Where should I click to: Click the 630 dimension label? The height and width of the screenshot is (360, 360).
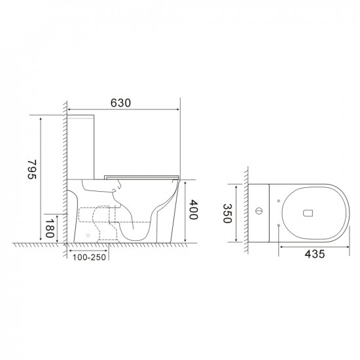tap(122, 102)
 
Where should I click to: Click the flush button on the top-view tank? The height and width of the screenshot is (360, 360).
tap(260, 212)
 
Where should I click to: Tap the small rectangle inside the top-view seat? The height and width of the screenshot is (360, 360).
tap(310, 212)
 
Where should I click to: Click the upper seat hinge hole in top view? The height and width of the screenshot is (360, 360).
tap(279, 200)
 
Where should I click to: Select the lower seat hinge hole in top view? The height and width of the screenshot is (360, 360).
tap(279, 225)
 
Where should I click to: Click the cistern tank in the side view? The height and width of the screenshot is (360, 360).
tap(82, 144)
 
